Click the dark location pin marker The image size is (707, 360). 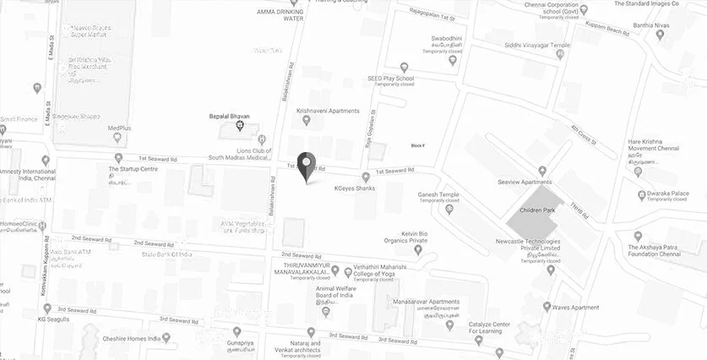point(307,166)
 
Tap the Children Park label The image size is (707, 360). point(538,209)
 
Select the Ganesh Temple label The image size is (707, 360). point(437,194)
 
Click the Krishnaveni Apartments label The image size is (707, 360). point(328,111)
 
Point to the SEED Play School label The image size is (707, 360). point(390,78)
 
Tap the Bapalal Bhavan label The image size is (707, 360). point(230,116)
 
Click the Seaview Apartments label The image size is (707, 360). point(525,183)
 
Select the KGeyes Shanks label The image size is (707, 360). point(353,188)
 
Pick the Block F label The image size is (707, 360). point(417,145)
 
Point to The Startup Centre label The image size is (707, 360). point(133,169)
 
